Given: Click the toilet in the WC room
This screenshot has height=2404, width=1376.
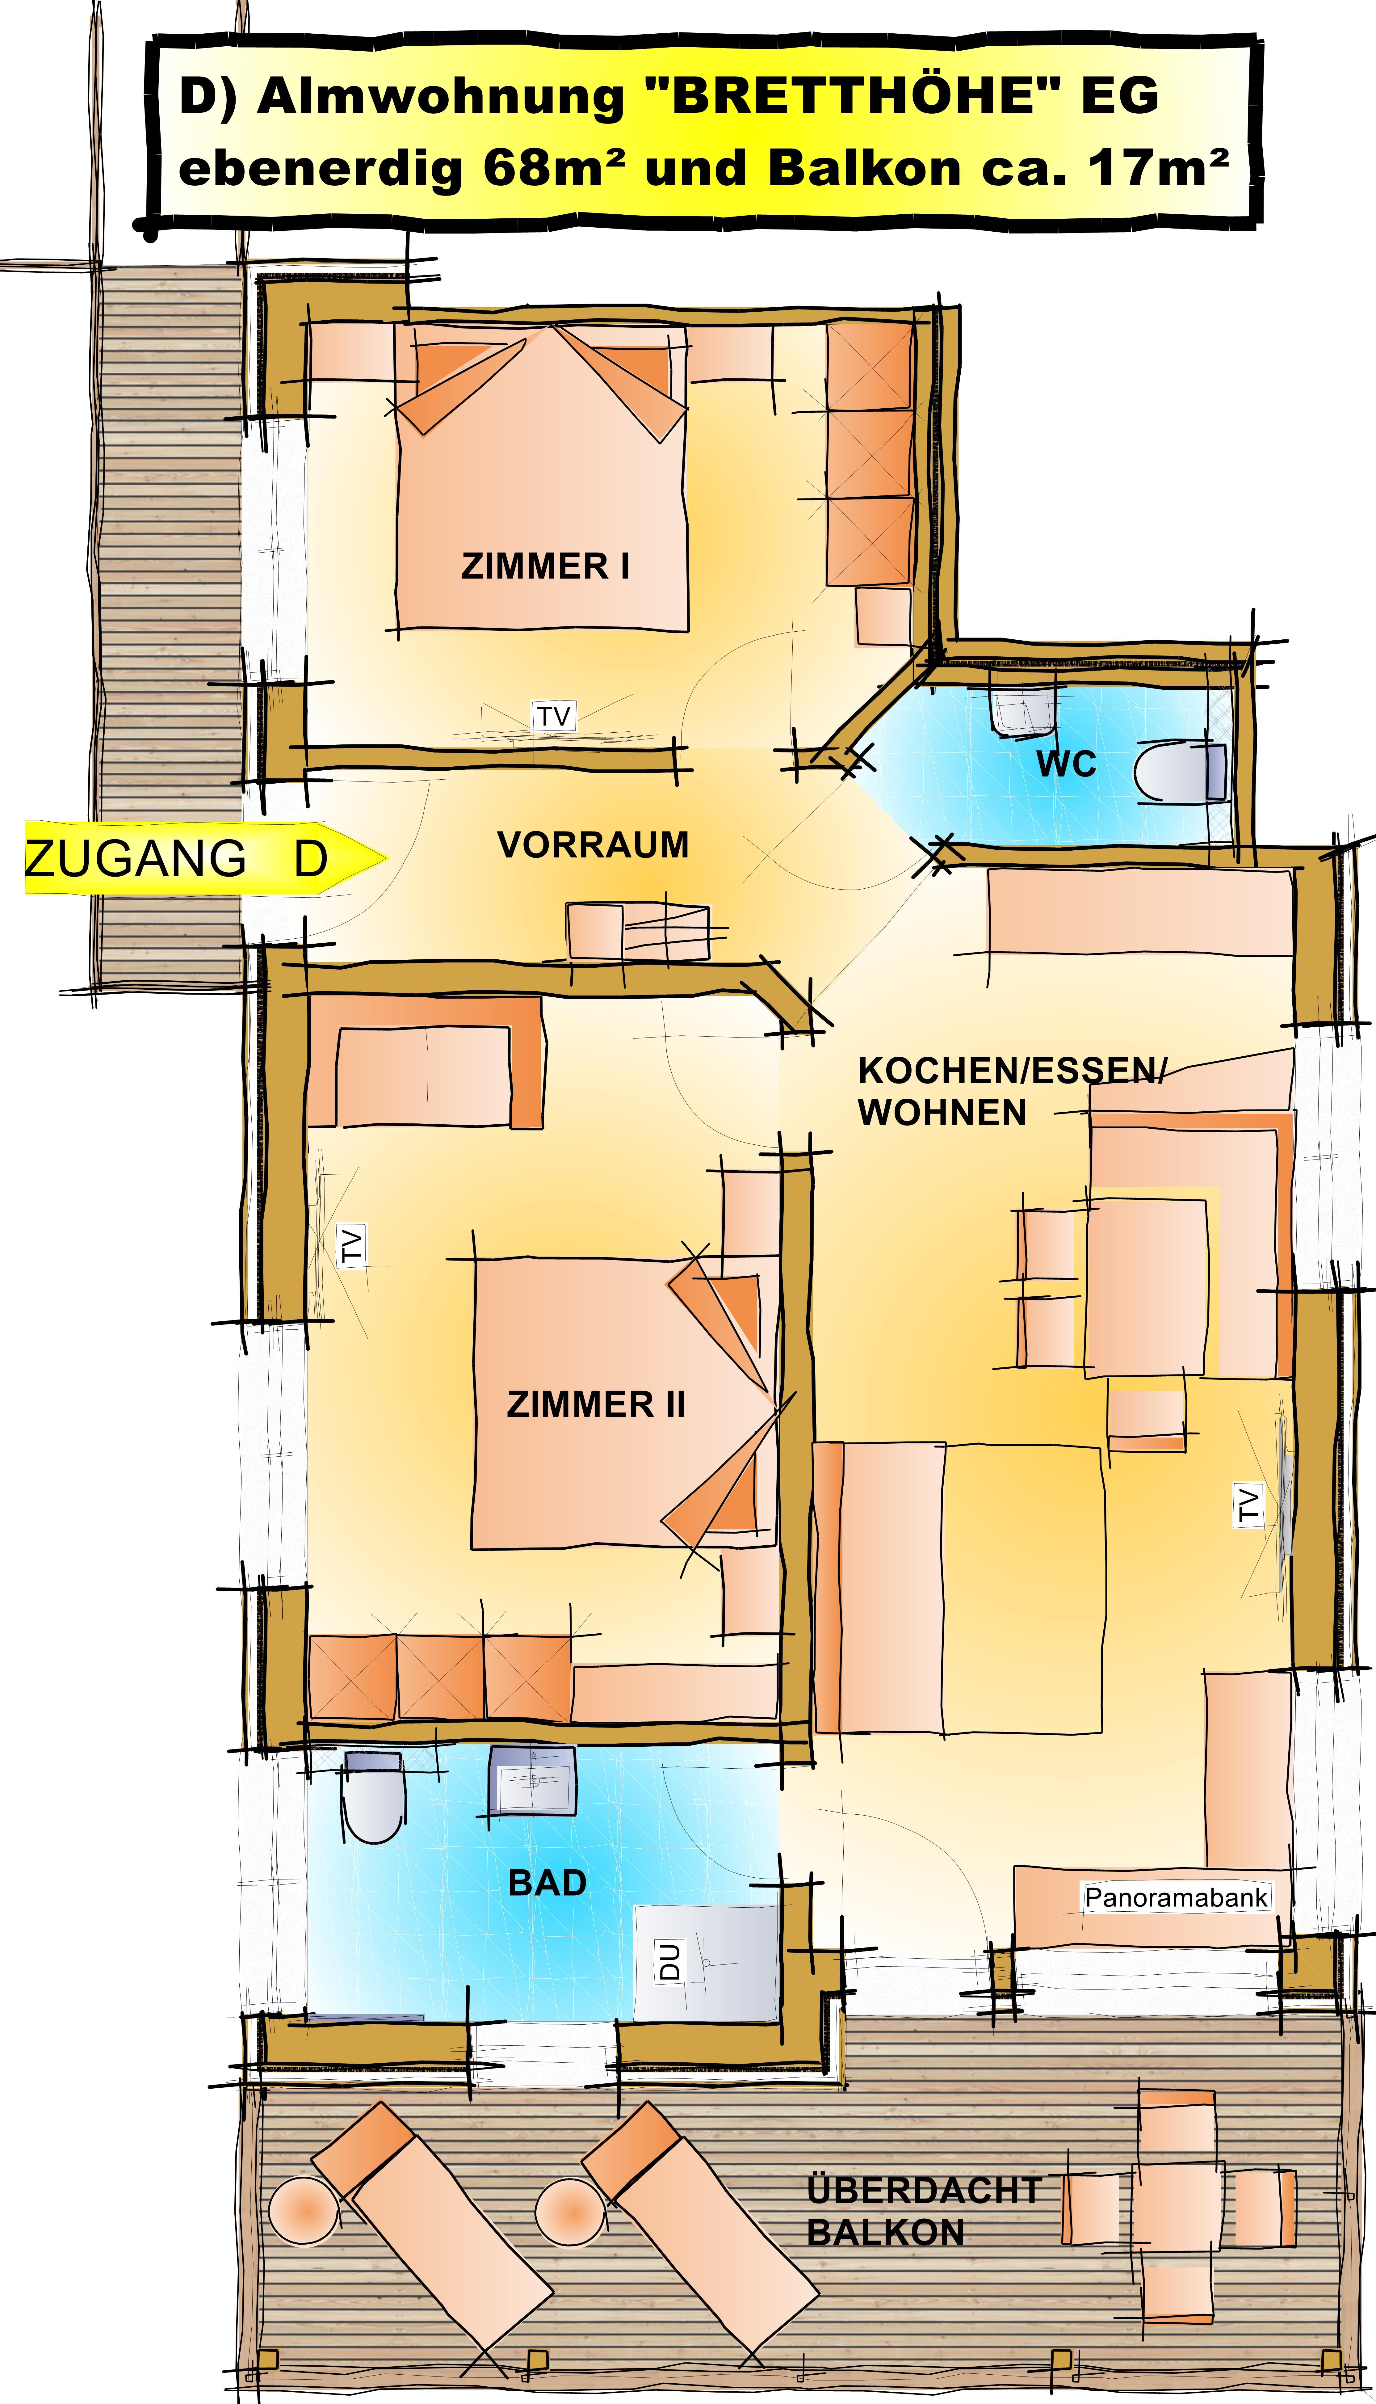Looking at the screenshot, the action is coord(1181,771).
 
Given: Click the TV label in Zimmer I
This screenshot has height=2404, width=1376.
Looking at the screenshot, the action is coord(555,716).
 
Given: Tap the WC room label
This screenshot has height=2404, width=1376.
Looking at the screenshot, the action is coord(1066,764).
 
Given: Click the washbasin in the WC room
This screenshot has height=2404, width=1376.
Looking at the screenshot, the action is coord(1022,709).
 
